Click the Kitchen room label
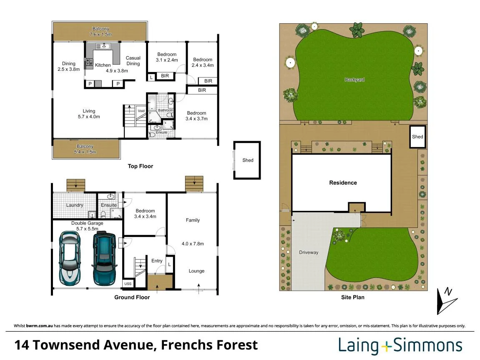(x=103, y=65)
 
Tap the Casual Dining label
(x=133, y=60)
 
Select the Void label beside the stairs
(x=141, y=111)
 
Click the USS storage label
(x=128, y=284)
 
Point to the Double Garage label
(x=87, y=223)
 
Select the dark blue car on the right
(x=104, y=258)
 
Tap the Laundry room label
(x=75, y=205)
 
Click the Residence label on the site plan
(x=343, y=182)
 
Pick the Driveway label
(x=309, y=252)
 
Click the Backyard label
(x=354, y=80)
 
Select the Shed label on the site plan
(x=417, y=137)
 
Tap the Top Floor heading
(x=141, y=166)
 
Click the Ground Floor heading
(x=132, y=297)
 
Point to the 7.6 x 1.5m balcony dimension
(x=101, y=34)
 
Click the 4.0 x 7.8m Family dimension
(x=193, y=244)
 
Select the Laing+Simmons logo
(x=400, y=345)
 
